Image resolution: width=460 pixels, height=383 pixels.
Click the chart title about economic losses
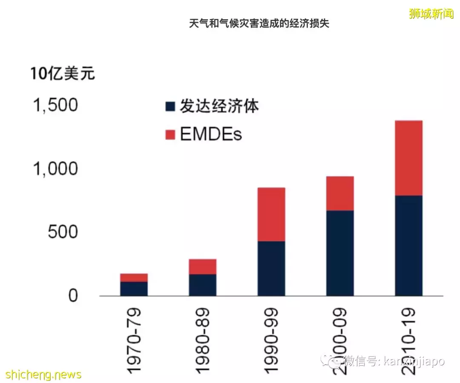(259, 23)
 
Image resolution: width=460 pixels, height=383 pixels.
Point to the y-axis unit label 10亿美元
(63, 74)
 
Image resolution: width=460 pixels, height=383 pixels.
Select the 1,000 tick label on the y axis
(56, 169)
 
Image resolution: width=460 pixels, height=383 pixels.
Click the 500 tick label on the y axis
(62, 232)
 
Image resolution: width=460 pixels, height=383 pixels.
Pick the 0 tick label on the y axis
(73, 296)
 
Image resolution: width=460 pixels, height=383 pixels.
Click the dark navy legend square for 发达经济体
(170, 107)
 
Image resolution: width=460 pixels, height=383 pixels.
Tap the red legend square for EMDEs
(170, 135)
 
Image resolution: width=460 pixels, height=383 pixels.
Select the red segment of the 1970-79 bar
(134, 278)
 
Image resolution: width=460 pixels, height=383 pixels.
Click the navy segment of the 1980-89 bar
(203, 285)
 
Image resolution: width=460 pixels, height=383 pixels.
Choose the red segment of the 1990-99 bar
(271, 214)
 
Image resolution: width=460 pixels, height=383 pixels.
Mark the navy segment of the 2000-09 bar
(340, 253)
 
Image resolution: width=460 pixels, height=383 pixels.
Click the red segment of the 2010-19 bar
(408, 158)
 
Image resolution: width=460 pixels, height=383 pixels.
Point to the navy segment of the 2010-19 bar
(408, 246)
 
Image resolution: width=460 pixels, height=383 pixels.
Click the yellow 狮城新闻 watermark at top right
(431, 14)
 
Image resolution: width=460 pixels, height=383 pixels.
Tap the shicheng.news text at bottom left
(41, 374)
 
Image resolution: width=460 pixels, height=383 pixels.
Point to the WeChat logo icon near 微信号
(331, 361)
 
